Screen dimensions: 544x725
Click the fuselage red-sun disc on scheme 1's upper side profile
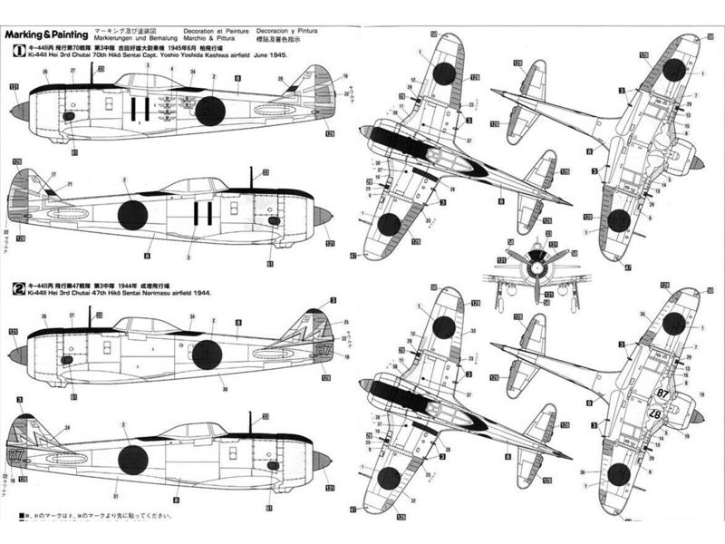coord(209,111)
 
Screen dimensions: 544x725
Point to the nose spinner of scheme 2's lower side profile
coord(323,460)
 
